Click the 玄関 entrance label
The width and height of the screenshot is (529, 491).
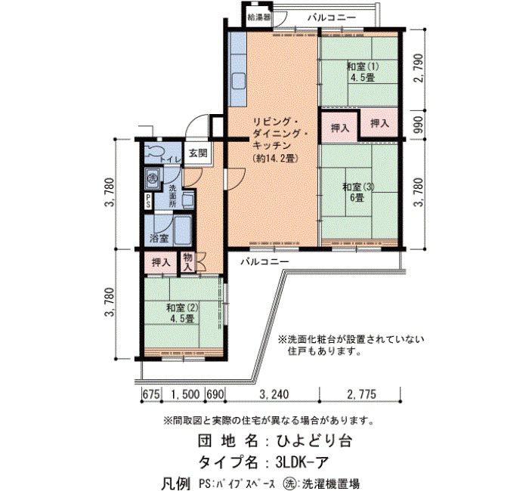point(198,153)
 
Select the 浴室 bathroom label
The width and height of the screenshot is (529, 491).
point(159,239)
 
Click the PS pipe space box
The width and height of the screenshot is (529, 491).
point(148,201)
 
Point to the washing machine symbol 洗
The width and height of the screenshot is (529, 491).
point(153,177)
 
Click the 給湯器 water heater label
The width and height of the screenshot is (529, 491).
point(258,17)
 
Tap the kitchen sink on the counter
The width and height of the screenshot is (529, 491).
point(238,82)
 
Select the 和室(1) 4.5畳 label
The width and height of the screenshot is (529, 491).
point(363,72)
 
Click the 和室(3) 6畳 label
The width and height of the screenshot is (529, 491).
point(358,192)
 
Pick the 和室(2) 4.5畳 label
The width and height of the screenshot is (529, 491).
point(183,313)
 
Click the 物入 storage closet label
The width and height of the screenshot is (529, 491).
point(188,262)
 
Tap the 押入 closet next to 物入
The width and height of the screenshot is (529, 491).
point(160,262)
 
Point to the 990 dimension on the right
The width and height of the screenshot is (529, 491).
point(419,125)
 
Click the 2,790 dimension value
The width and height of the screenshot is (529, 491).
point(419,68)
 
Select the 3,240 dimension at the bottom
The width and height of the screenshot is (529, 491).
point(274,394)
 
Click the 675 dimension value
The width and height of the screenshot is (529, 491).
point(151,394)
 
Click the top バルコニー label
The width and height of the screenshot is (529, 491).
point(332,17)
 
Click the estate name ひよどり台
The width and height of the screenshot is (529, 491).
point(314,440)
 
